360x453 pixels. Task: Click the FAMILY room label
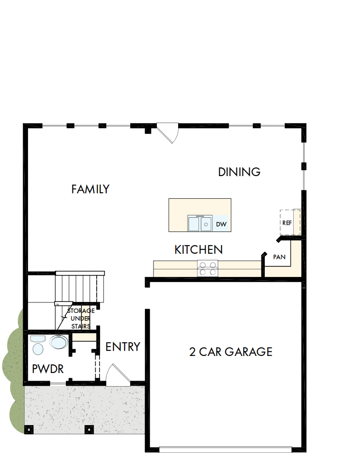coord(90,189)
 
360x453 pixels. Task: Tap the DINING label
coord(239,172)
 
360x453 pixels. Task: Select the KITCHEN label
coord(198,249)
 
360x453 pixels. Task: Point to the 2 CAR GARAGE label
coord(231,352)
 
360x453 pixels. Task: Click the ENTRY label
coord(123,347)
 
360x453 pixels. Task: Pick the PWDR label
coord(48,369)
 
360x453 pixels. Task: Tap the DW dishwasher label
coord(221,224)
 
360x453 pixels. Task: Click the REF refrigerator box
coord(287,222)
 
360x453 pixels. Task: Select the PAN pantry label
coord(279,257)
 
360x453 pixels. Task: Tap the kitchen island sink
coord(199,223)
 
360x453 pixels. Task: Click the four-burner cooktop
coord(208,268)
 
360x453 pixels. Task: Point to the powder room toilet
coord(37,346)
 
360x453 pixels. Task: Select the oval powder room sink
coord(59,342)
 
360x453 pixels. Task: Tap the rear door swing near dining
coord(169,133)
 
